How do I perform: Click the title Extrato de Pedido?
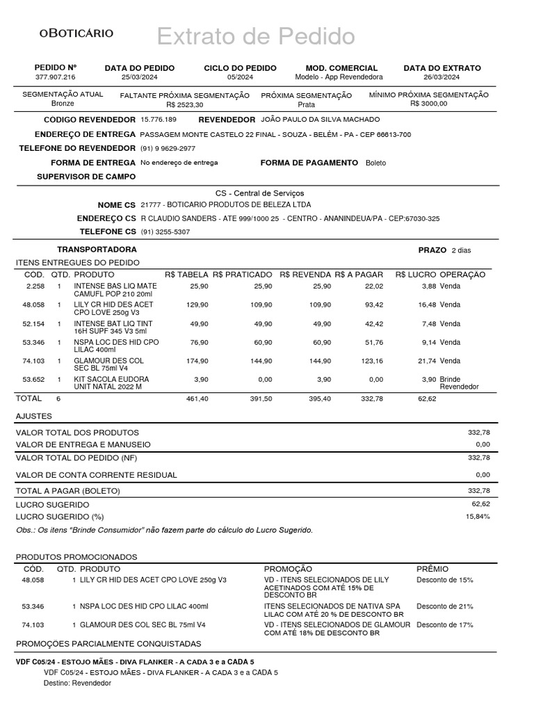click(255, 36)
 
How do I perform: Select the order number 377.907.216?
click(56, 77)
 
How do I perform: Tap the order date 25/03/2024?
click(140, 77)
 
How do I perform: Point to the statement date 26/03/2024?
click(442, 77)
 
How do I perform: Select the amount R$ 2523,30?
click(185, 104)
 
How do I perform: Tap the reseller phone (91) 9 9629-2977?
click(168, 149)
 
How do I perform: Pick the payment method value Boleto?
click(375, 163)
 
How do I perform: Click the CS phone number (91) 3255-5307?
click(165, 232)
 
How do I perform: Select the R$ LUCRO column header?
click(416, 275)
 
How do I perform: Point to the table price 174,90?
click(198, 361)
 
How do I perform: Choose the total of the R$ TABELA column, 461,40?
click(198, 398)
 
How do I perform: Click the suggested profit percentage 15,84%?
click(478, 517)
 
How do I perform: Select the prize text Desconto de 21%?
click(444, 606)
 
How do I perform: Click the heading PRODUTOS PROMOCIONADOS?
click(76, 557)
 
